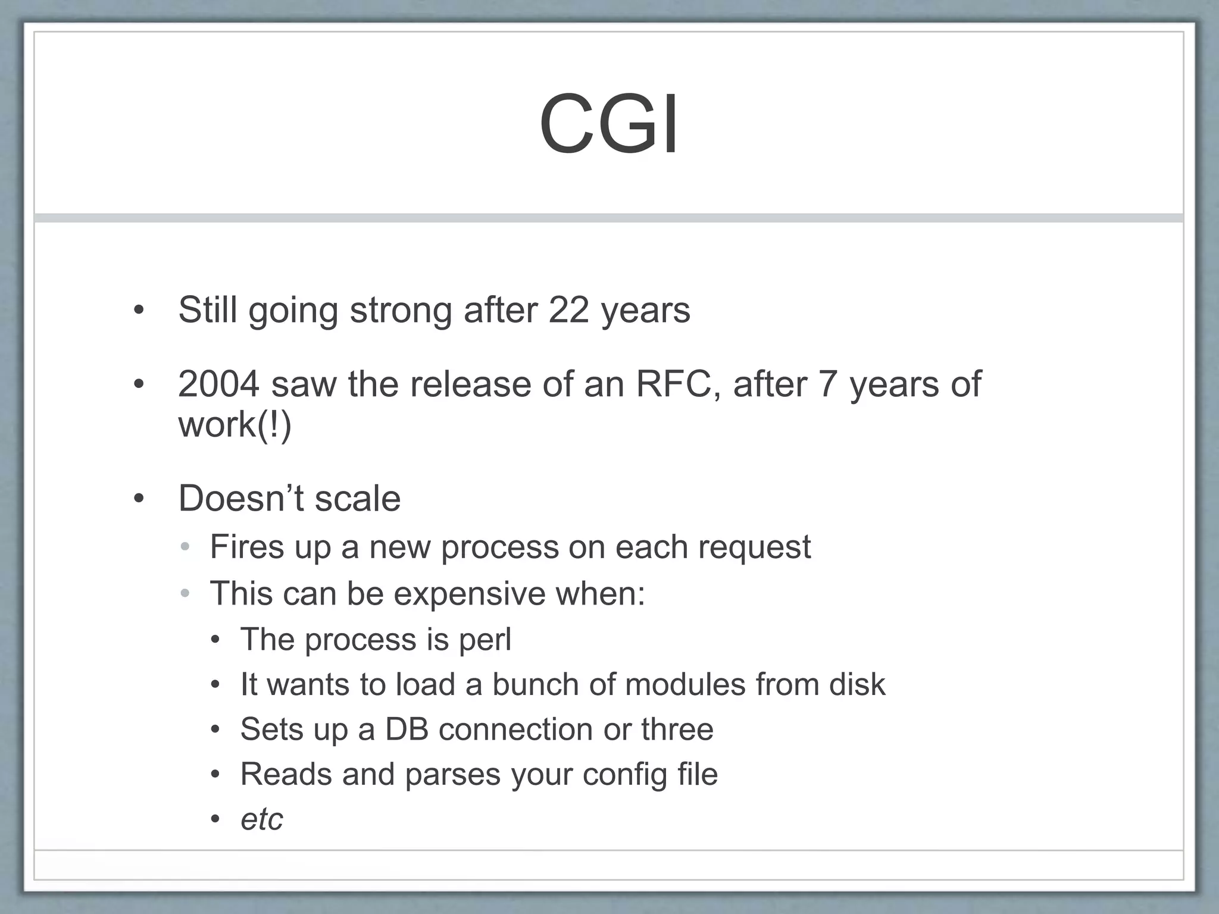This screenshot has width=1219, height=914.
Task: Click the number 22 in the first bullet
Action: [568, 310]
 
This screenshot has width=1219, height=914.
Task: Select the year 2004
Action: [218, 384]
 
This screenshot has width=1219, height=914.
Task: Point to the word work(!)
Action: [235, 425]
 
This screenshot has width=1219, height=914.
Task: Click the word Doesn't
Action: [241, 498]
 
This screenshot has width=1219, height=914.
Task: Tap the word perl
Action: [485, 640]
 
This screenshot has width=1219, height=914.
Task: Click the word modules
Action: [686, 684]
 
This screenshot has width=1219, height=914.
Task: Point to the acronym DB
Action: [407, 729]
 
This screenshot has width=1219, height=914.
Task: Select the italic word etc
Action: [261, 819]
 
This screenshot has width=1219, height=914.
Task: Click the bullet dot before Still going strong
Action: [139, 310]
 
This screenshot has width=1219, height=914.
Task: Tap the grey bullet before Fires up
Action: [185, 546]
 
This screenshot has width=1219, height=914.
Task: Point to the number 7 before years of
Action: [828, 384]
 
